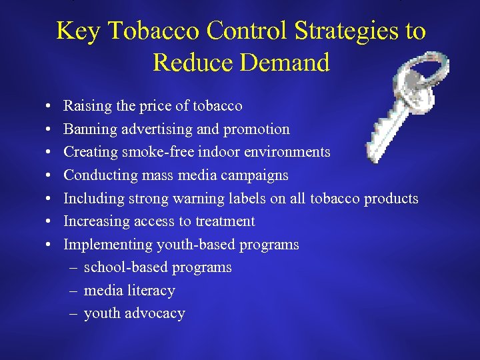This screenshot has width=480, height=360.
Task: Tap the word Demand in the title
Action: [287, 63]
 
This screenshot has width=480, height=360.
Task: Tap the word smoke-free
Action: [151, 152]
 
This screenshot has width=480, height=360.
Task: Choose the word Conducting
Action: [97, 175]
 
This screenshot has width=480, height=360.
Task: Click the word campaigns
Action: [257, 175]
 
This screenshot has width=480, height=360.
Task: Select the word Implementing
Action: [107, 245]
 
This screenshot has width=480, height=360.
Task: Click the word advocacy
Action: [155, 313]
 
